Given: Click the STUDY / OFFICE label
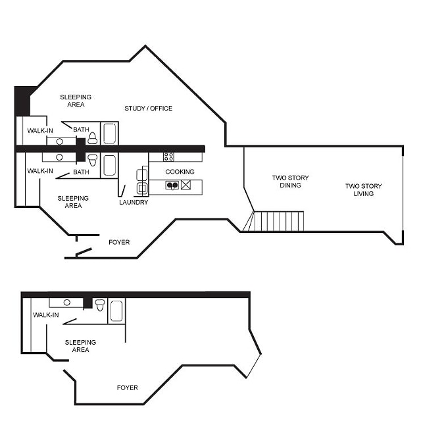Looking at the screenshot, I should click(149, 108).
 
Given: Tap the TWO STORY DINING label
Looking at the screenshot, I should click(290, 182).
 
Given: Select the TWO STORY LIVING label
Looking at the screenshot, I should click(363, 190).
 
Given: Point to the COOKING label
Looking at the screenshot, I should click(180, 172).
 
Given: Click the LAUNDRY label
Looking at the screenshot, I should click(134, 202).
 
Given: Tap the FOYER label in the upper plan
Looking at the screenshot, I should click(119, 242).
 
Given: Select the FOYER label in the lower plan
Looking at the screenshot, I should click(127, 387).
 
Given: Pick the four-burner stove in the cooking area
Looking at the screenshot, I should click(169, 157).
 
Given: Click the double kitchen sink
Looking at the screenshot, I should click(172, 186).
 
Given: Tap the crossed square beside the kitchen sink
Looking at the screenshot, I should click(186, 186).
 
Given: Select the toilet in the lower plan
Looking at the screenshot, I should click(100, 305).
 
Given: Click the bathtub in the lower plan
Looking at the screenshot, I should click(116, 310).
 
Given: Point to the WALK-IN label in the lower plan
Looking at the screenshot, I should click(46, 315).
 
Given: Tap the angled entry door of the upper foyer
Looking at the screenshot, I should click(84, 251).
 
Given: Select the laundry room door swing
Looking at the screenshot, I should click(122, 190).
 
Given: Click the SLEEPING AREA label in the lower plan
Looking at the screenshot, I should click(80, 346).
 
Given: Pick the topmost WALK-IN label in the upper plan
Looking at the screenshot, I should click(40, 130).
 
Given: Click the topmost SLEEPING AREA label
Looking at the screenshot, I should click(76, 101).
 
